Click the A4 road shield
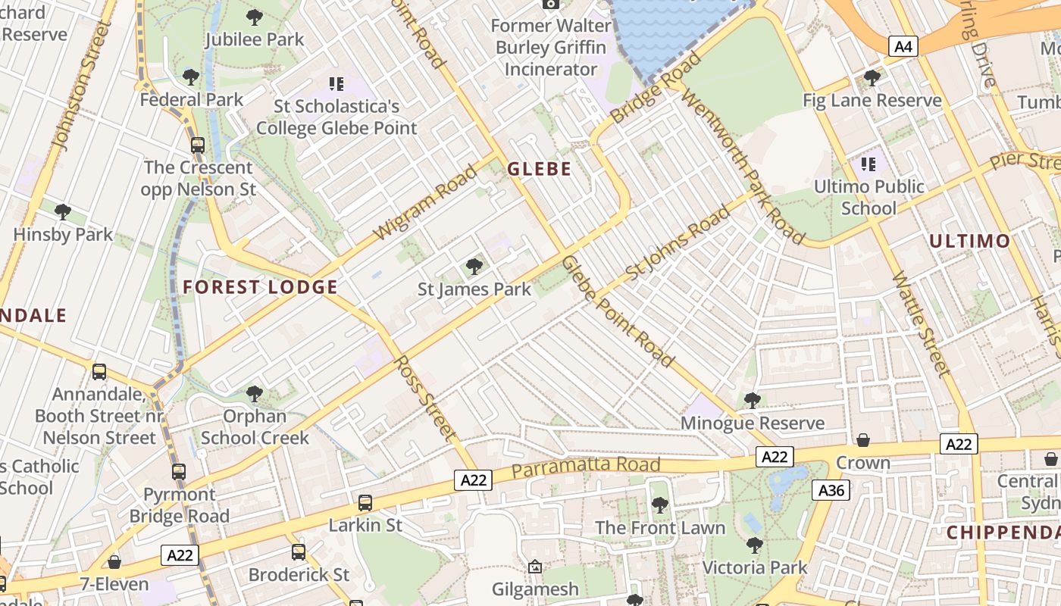[903, 47]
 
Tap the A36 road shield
[831, 490]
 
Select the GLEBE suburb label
[539, 169]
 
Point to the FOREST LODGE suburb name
[260, 287]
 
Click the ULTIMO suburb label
[969, 242]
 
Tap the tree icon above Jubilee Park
[255, 17]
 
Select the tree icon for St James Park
[474, 266]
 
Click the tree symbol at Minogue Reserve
[752, 400]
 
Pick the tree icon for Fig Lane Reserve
[872, 77]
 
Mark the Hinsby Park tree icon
[63, 212]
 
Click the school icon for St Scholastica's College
[336, 83]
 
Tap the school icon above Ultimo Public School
[868, 164]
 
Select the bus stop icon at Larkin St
[365, 502]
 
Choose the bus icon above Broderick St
[299, 552]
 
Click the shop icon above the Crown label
[862, 440]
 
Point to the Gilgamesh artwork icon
[535, 567]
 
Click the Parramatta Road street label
[585, 466]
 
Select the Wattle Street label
[920, 324]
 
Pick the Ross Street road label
[426, 398]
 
